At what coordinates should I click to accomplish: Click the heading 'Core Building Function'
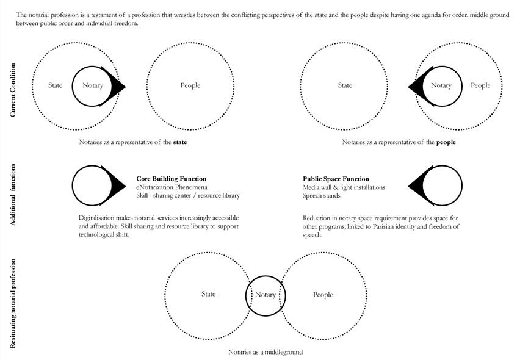171,179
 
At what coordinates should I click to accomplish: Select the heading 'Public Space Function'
336,179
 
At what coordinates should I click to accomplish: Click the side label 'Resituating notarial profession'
13,303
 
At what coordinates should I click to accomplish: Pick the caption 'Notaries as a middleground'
265,352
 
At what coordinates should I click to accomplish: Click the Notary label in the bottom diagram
265,295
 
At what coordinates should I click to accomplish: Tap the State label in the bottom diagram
208,294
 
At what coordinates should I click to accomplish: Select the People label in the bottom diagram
323,295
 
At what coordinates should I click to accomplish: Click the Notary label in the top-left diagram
93,85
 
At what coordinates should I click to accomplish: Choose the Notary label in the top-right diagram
441,85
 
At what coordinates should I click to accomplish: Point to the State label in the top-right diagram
345,85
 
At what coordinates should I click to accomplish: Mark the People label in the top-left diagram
190,85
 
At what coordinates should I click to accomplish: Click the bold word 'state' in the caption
180,142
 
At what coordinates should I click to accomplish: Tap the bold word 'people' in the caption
446,142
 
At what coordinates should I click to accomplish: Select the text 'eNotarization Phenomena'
172,187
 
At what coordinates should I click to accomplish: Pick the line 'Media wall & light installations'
344,187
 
